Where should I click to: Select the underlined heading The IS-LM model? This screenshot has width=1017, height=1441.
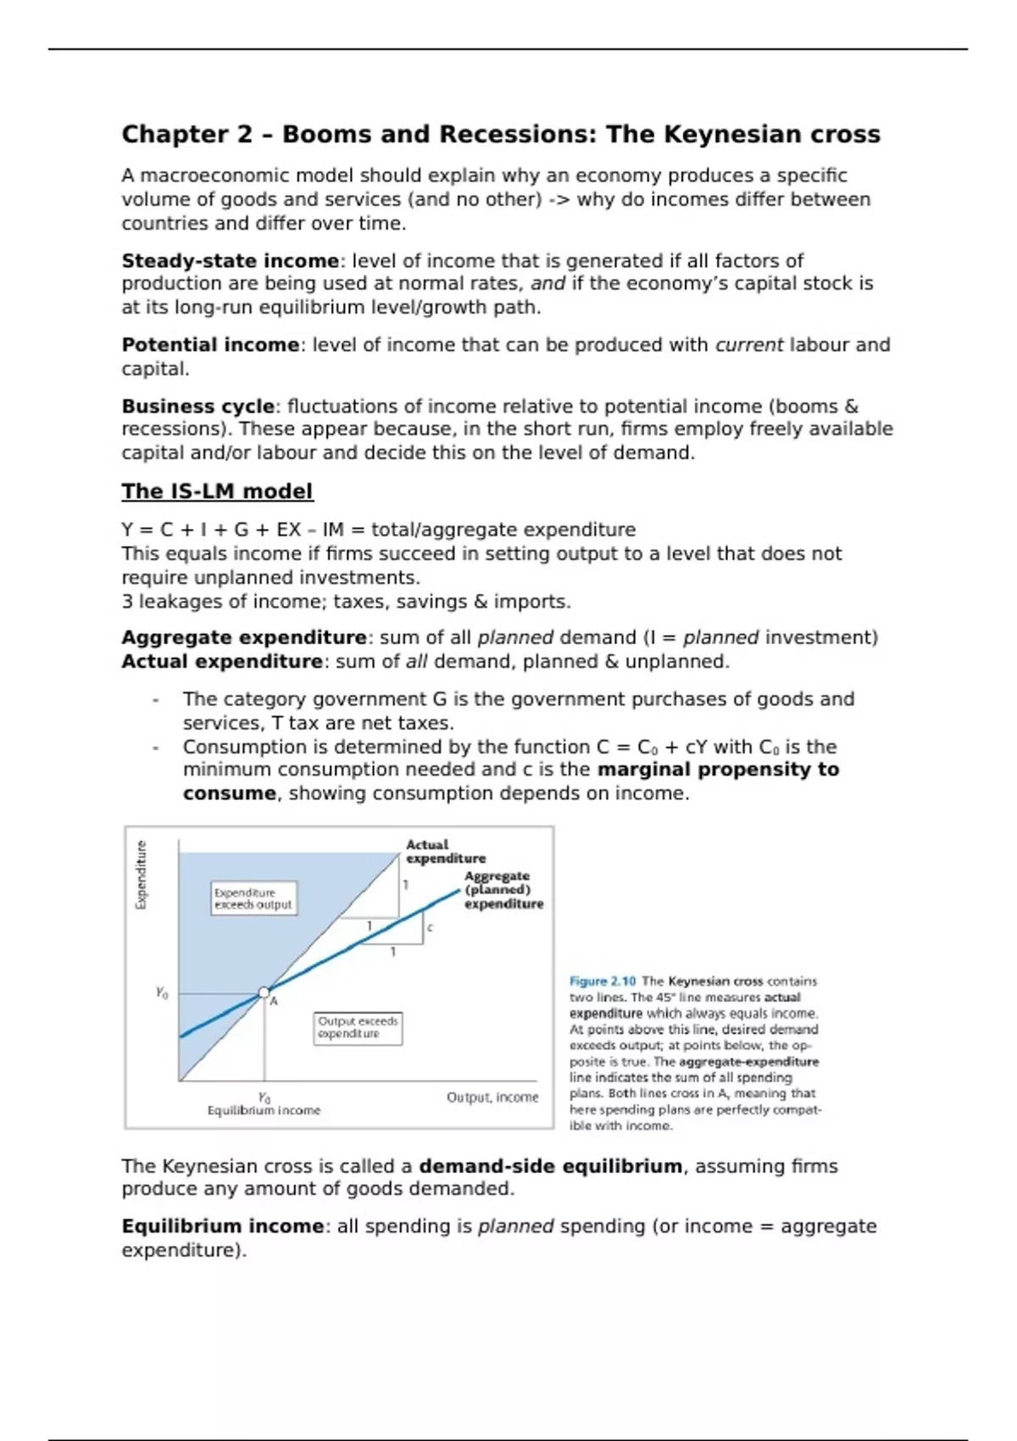pos(217,492)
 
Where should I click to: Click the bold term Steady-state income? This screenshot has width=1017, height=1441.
pos(230,260)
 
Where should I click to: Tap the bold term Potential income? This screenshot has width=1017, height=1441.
pos(210,345)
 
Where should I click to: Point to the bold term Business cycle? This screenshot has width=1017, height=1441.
pos(197,406)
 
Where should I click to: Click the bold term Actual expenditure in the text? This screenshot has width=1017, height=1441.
pos(221,661)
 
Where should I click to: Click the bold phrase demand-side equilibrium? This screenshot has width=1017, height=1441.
pos(550,1166)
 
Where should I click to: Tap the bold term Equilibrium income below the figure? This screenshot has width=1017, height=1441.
pos(222,1227)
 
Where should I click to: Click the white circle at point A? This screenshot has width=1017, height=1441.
pos(264,992)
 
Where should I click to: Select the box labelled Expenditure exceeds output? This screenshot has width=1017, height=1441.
pos(253,899)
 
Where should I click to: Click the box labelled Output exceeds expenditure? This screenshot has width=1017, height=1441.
pos(358,1027)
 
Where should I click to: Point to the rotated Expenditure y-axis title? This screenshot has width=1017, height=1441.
pos(142,875)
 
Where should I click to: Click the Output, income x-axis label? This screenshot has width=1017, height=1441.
pos(492,1098)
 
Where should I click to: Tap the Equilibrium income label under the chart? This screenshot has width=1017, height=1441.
pos(264,1110)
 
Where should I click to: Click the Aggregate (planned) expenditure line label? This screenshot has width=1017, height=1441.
pos(503,890)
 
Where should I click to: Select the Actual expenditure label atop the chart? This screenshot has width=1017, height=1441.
pos(445,851)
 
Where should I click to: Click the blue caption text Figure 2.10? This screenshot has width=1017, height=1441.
pos(603,982)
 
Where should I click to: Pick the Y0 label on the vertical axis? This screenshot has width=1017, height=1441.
pos(162,993)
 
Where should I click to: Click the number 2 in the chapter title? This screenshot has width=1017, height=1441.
pos(245,134)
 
